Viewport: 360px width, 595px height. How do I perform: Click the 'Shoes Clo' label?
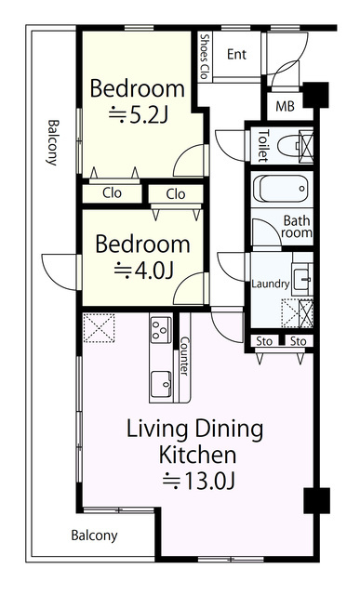[205, 57]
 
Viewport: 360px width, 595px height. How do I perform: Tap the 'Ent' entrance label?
[236, 54]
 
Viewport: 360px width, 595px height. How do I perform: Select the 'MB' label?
[285, 106]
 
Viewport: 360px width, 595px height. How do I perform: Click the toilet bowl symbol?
[289, 146]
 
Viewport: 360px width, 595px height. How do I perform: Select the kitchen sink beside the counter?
[161, 385]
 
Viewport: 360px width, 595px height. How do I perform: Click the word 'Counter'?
[184, 355]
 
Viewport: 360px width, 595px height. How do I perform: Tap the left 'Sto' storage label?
[264, 341]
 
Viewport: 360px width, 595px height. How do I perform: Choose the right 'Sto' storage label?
[298, 341]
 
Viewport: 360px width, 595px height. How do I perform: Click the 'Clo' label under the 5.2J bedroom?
[112, 192]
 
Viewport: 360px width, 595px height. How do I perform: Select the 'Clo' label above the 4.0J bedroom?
[176, 194]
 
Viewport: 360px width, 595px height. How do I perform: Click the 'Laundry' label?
[271, 284]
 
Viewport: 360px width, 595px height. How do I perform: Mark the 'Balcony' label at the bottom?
[94, 535]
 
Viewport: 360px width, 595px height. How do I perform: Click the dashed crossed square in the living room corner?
[99, 328]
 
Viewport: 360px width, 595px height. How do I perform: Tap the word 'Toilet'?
[263, 146]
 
